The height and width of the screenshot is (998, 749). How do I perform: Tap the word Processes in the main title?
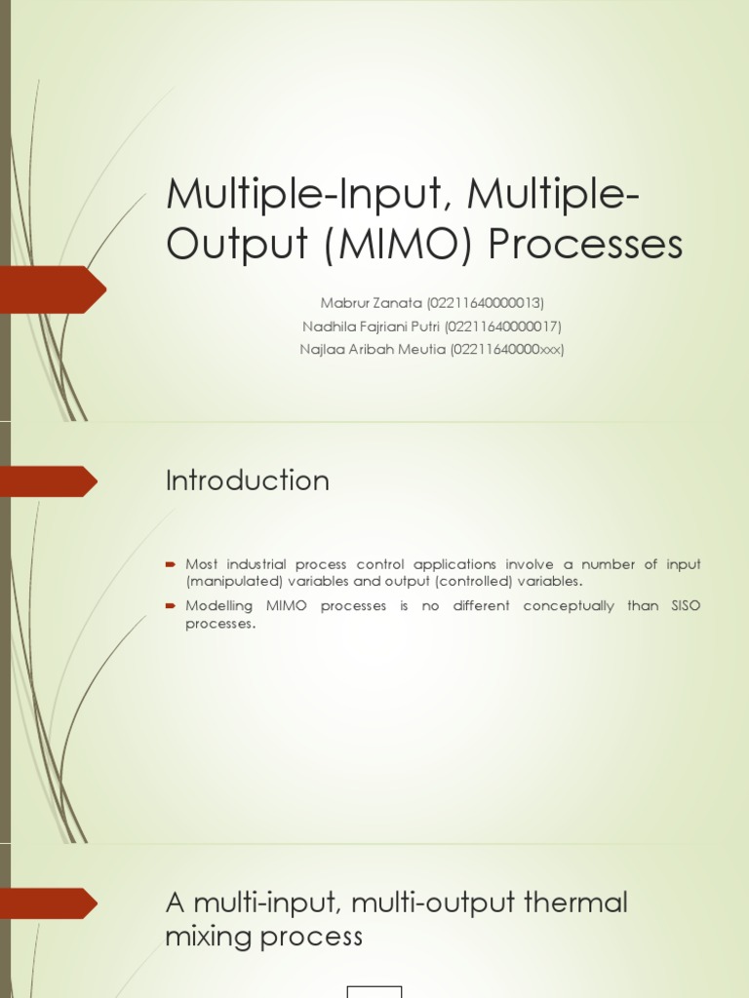click(x=585, y=245)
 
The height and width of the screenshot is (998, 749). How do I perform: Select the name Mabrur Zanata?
click(x=372, y=303)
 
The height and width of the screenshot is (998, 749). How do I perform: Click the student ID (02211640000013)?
click(x=485, y=303)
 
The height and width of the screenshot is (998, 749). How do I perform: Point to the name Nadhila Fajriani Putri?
click(x=378, y=326)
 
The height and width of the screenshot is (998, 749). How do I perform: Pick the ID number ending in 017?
click(x=504, y=326)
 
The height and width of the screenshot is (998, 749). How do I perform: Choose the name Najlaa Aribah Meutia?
click(x=373, y=349)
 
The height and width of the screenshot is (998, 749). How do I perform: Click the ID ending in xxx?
click(x=507, y=349)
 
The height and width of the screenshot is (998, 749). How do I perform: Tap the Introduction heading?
click(x=248, y=480)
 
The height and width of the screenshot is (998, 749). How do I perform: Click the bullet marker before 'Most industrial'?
click(x=171, y=564)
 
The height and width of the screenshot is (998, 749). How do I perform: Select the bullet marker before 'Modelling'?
click(x=171, y=606)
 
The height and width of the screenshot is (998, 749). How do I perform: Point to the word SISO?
click(x=683, y=606)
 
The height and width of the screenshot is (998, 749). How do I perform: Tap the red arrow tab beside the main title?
click(x=53, y=289)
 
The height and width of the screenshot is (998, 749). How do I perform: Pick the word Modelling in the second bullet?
click(x=220, y=606)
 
